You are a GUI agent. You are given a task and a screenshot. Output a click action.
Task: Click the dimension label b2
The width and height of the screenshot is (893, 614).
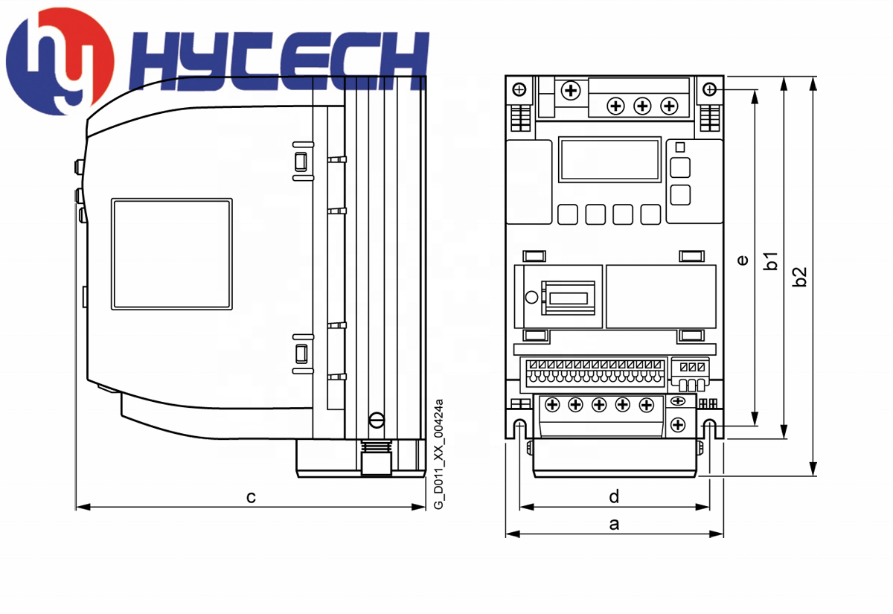point(800,277)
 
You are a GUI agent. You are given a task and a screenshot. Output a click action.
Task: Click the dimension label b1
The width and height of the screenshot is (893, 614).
point(771,261)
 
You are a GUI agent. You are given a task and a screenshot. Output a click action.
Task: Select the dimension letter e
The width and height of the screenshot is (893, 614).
point(743,260)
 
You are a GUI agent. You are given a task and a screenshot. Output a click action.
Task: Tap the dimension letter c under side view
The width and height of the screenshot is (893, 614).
point(251,497)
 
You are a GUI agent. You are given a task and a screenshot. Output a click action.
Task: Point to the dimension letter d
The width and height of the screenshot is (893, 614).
point(614,496)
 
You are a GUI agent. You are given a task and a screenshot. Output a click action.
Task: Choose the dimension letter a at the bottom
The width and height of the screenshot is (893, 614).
point(615,524)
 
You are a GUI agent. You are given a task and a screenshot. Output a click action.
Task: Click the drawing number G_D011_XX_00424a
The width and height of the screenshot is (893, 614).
point(438,454)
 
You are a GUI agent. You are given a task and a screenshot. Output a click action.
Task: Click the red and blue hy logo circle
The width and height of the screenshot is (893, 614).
point(60,61)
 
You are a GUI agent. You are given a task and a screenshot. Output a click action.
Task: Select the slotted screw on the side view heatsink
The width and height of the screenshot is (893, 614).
point(377,420)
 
